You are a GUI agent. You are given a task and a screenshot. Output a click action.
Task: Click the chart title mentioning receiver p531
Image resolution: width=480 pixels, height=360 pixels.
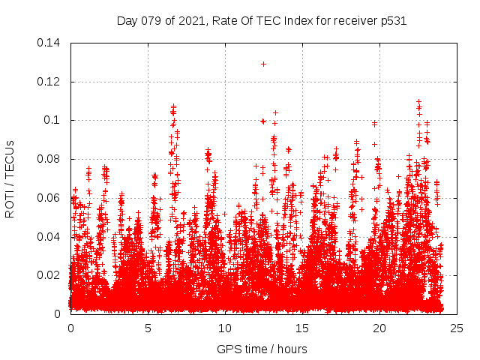262,21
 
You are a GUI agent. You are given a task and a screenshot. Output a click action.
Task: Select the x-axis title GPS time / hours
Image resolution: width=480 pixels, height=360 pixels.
262,349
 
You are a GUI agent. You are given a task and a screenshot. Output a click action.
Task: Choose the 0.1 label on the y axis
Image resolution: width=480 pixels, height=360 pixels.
54,120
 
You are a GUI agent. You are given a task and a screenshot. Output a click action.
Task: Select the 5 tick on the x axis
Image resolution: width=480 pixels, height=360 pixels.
148,328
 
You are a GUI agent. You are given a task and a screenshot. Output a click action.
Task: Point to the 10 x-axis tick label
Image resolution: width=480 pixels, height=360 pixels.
225,328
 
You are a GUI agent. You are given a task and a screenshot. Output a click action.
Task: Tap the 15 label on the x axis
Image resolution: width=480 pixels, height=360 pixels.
302,328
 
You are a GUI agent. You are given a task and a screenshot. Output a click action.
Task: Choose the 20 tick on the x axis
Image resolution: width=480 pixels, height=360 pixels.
379,328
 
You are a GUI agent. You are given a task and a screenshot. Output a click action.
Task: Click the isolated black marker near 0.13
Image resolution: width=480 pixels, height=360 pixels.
263,64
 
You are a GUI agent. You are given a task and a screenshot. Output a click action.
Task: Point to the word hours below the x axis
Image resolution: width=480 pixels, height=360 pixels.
291,349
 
